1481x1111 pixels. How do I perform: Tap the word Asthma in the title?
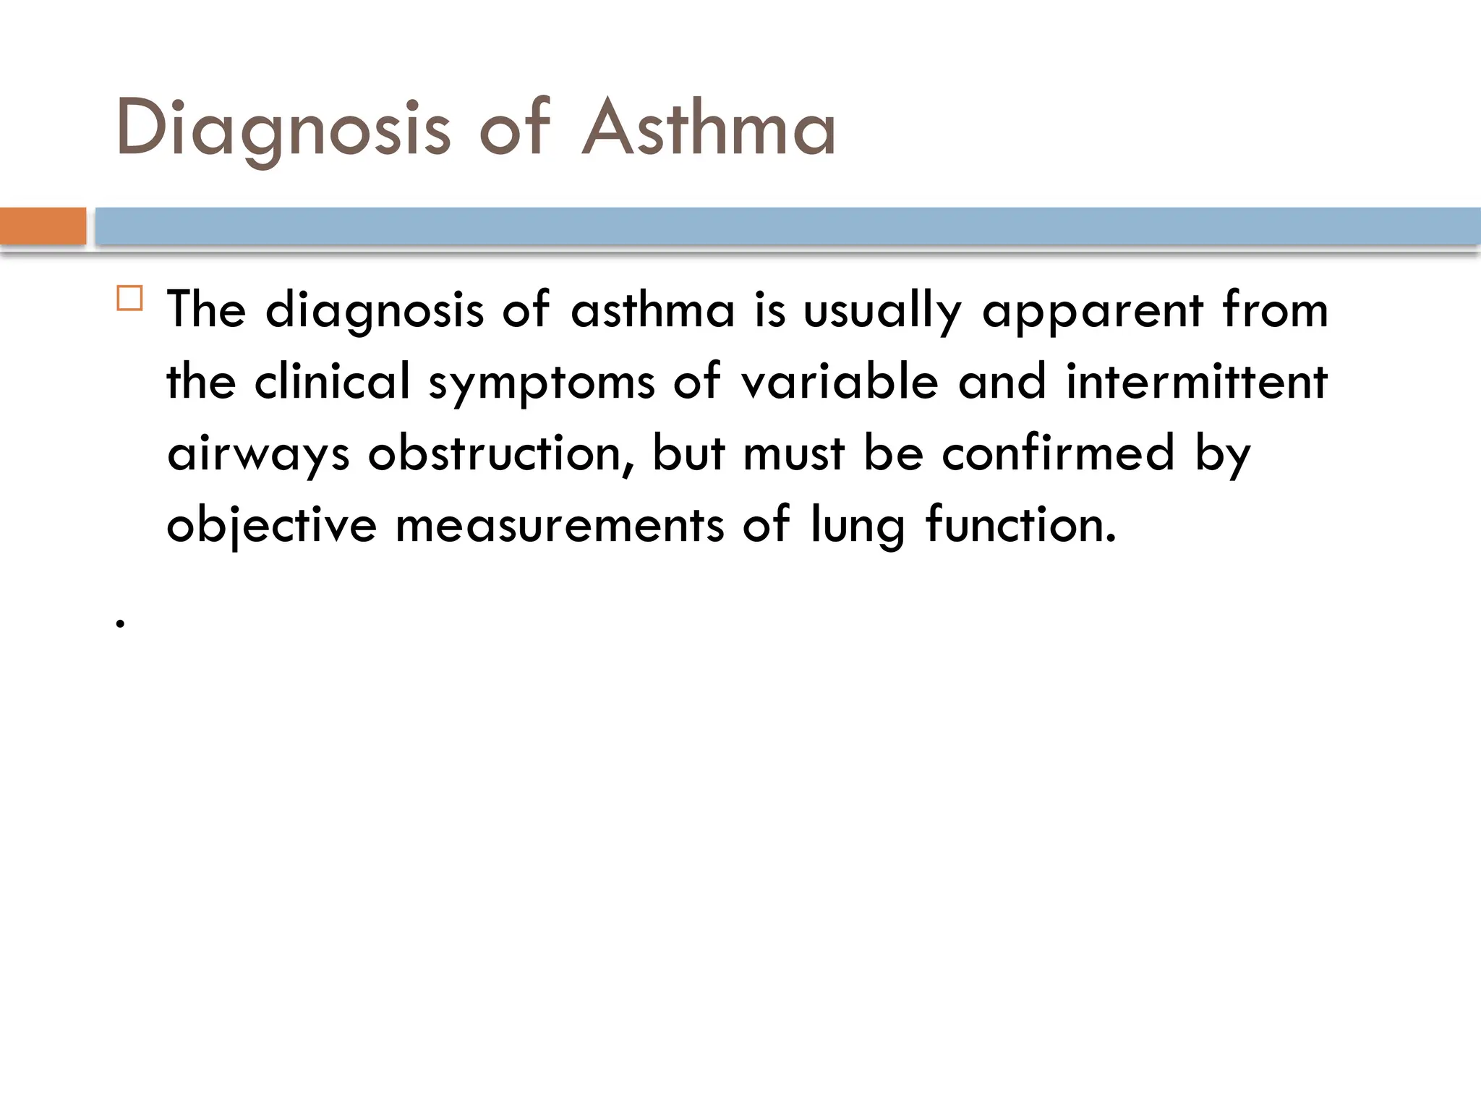click(x=709, y=129)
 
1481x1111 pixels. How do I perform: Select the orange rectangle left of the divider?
click(x=43, y=226)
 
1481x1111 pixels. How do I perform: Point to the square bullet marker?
click(x=129, y=298)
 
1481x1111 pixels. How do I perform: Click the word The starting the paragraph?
click(x=206, y=310)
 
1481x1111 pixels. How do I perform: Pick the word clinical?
click(x=332, y=381)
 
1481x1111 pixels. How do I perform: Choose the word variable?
click(x=839, y=381)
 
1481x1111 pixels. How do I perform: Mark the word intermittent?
click(x=1197, y=381)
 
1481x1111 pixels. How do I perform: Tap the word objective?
click(x=271, y=525)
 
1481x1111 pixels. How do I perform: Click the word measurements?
click(x=559, y=525)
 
